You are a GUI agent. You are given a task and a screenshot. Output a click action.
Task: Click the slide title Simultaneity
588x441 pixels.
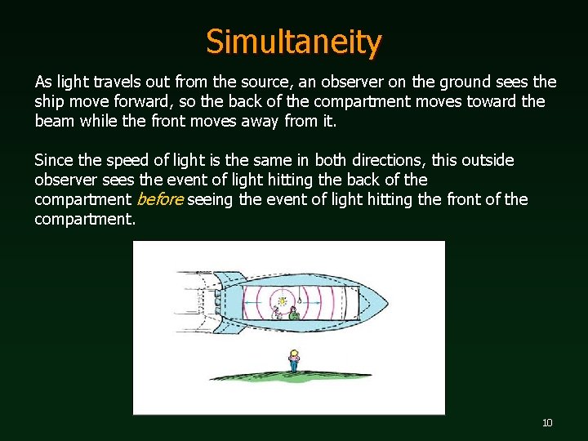[293, 42]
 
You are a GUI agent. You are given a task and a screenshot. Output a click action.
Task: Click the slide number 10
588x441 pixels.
[547, 422]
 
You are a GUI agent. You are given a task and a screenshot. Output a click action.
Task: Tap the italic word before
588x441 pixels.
[159, 199]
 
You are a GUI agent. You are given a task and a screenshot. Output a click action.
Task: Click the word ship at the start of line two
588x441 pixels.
[48, 102]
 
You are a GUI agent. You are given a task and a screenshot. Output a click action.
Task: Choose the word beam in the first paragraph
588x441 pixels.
[53, 122]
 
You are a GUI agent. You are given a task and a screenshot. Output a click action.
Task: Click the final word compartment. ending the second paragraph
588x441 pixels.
[84, 219]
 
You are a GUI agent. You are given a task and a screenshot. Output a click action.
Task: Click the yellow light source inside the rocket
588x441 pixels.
[282, 301]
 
